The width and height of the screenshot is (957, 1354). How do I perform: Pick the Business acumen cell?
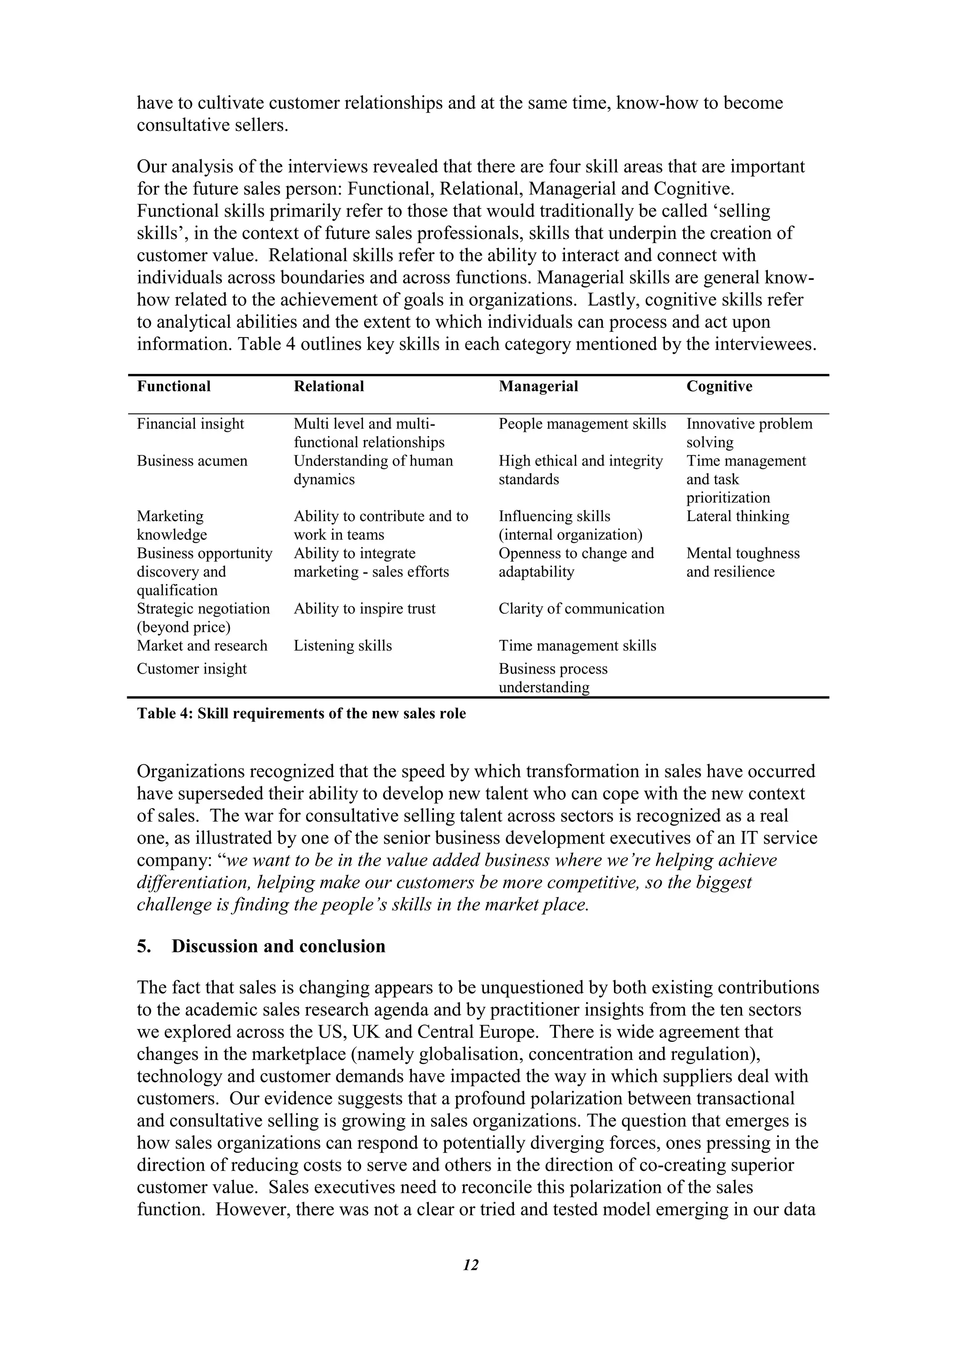(192, 461)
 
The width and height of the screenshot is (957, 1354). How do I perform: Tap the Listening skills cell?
(343, 646)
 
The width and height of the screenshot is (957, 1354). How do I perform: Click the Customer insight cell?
(192, 669)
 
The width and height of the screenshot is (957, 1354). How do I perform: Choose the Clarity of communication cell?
(581, 609)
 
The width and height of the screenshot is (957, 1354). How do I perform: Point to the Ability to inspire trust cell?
(364, 609)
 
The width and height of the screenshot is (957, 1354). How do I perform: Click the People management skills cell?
(582, 424)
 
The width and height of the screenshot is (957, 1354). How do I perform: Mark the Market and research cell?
(202, 646)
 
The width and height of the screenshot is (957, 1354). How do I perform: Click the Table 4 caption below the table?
(301, 714)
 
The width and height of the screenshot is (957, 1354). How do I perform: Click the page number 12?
(471, 1264)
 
